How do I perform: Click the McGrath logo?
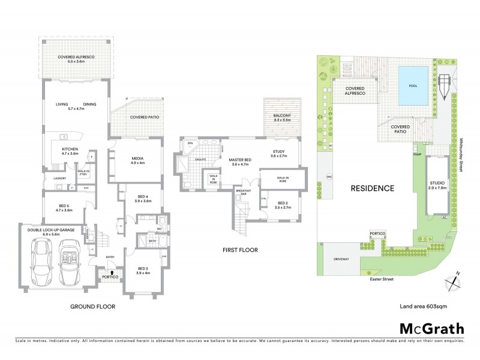coord(432,328)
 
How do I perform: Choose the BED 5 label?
coord(64,208)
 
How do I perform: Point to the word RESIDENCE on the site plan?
coord(373,188)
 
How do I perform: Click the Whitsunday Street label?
coord(461,154)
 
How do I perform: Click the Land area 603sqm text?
coord(423,306)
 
